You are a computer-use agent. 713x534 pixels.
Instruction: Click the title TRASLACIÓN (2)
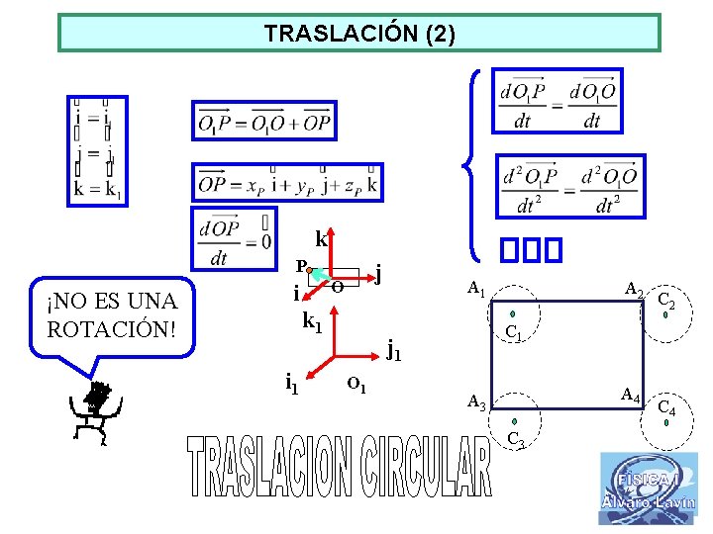click(359, 34)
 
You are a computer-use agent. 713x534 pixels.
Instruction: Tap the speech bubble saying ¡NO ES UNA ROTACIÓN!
click(112, 313)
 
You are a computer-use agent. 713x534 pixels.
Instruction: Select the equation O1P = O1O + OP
click(264, 121)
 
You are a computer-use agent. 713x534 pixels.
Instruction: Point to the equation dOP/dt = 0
click(234, 240)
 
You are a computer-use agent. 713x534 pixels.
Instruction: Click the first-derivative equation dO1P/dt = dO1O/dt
click(558, 100)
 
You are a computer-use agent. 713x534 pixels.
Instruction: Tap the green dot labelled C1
click(513, 314)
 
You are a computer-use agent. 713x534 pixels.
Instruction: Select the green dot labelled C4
click(666, 422)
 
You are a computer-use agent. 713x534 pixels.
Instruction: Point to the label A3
click(476, 402)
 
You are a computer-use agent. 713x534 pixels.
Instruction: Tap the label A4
click(630, 395)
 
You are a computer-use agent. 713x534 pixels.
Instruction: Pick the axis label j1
click(393, 348)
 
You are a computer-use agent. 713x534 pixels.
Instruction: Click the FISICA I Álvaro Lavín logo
click(648, 489)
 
